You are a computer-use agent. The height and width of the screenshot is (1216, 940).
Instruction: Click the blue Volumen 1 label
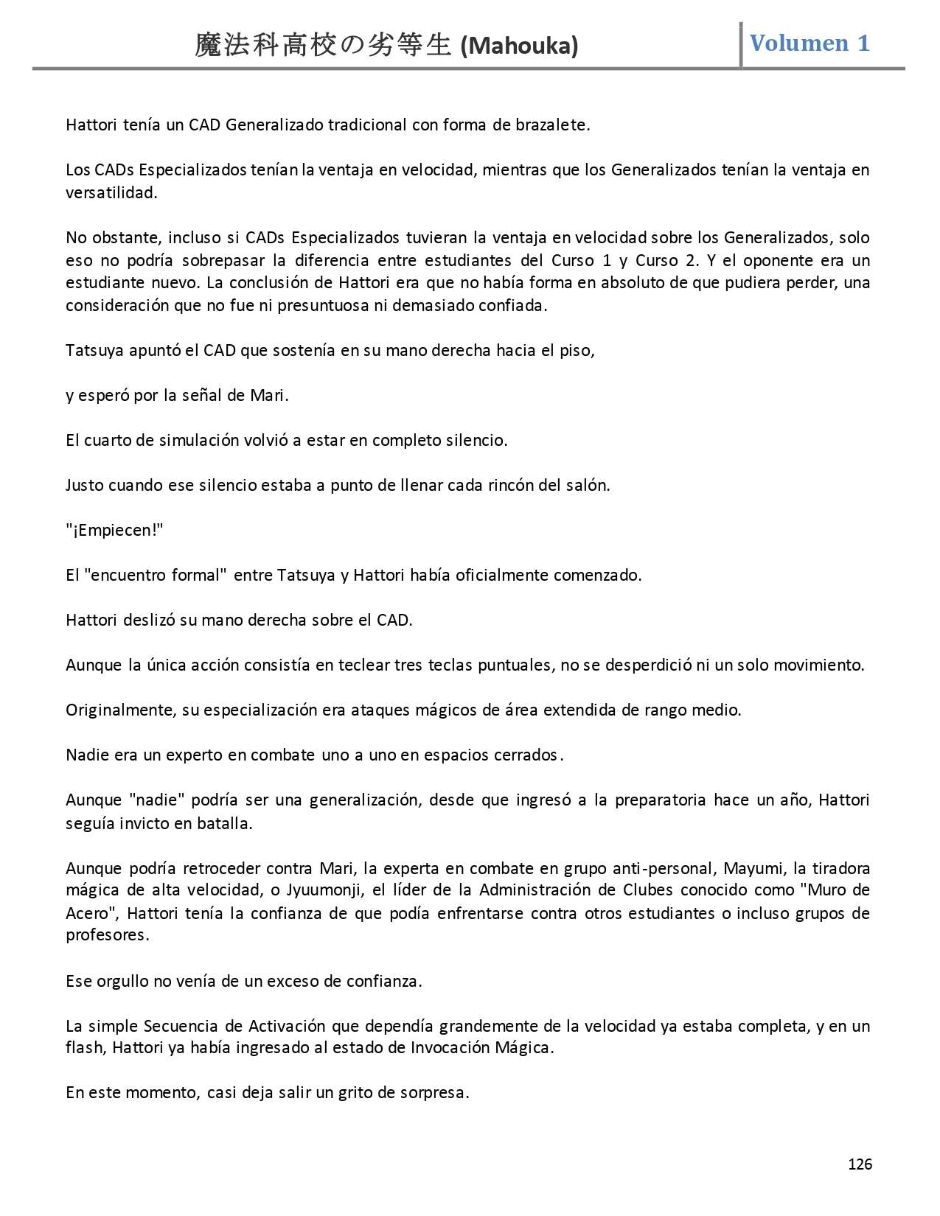(x=810, y=43)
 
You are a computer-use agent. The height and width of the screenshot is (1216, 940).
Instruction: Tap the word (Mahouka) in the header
(x=519, y=46)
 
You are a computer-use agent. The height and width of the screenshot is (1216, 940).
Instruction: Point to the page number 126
(x=860, y=1164)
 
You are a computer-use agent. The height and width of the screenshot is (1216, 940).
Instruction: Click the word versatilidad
(x=111, y=193)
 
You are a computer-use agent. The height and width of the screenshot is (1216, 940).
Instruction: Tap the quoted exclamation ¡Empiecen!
(x=114, y=530)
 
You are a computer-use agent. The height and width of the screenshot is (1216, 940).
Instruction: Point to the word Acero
(x=91, y=913)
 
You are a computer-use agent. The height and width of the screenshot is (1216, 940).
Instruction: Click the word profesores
(x=107, y=935)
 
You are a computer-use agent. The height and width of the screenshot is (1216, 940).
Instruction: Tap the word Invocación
(x=451, y=1047)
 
